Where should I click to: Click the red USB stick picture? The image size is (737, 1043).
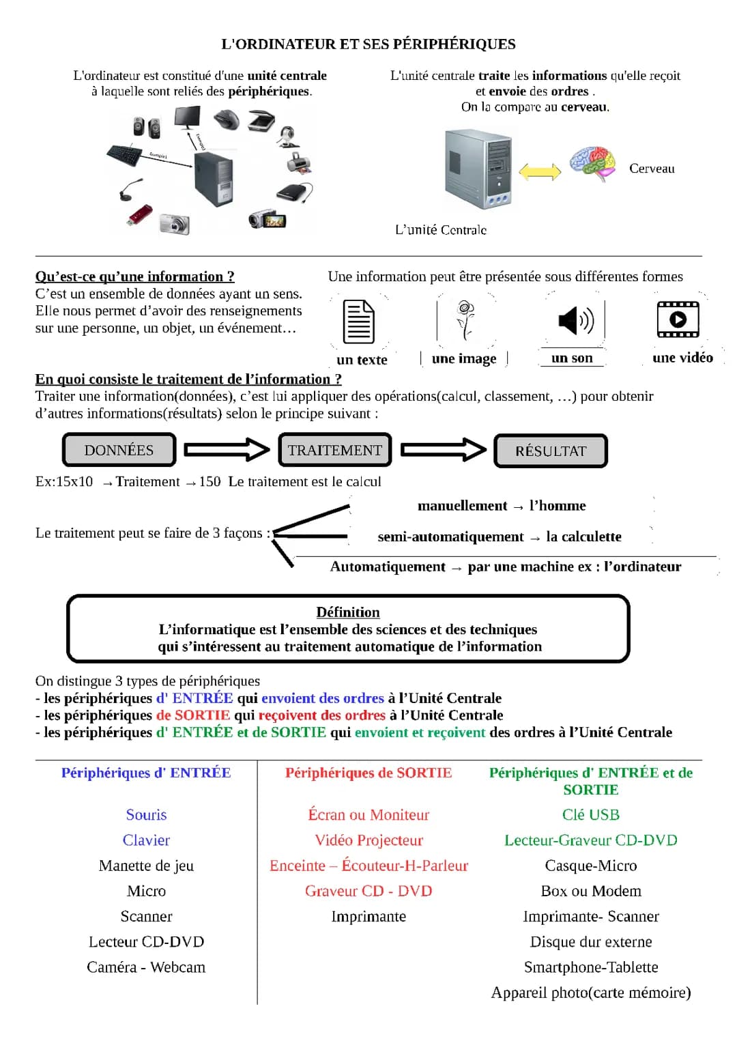[140, 215]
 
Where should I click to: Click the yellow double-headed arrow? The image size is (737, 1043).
[540, 171]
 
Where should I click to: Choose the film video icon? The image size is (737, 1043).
[677, 319]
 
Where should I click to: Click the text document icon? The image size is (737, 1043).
[358, 321]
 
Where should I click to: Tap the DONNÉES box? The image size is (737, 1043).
[119, 450]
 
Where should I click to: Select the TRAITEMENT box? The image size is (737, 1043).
[334, 450]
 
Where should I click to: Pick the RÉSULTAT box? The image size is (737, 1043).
[550, 451]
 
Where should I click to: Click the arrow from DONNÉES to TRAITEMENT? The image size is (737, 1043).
[227, 449]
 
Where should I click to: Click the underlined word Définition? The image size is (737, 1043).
[348, 612]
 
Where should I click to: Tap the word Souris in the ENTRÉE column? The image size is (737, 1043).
[146, 814]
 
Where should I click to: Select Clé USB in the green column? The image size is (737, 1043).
[590, 814]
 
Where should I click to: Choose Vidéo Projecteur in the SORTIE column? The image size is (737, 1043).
[369, 840]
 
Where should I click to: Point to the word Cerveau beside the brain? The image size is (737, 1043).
[652, 169]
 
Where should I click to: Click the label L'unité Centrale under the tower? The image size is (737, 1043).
[441, 230]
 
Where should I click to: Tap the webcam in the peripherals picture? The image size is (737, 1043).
[287, 137]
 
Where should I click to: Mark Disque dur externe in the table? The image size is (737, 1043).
[590, 942]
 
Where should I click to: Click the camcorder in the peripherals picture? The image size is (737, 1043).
[267, 219]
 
